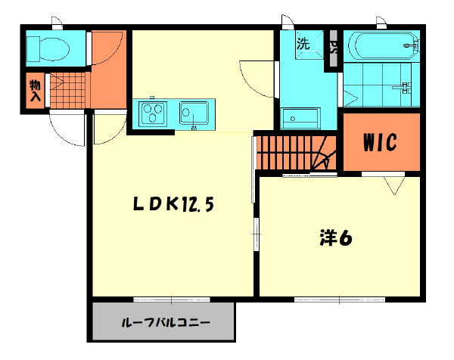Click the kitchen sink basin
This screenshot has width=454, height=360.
(x=194, y=113)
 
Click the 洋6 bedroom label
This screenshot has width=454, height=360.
(x=333, y=238)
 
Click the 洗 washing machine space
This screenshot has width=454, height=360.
(x=303, y=43)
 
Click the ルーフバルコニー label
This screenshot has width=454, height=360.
(x=166, y=324)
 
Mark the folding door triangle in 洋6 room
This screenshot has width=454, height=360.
(x=393, y=185)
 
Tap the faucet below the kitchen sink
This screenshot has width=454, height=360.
(x=194, y=127)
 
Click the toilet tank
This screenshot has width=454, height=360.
(x=34, y=49)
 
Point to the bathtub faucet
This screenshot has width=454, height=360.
(x=412, y=46)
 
